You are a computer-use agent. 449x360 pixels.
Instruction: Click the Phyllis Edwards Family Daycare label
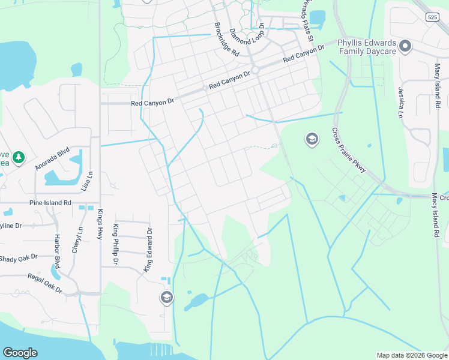click(x=366, y=47)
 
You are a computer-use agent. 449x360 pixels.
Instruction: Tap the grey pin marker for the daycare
click(x=405, y=46)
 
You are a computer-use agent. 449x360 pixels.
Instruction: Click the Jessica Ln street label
click(x=400, y=102)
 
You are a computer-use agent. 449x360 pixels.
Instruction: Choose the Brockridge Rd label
click(x=227, y=40)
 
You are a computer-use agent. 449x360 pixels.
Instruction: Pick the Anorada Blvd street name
click(x=53, y=158)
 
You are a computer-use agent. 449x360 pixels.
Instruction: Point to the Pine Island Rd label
click(x=50, y=203)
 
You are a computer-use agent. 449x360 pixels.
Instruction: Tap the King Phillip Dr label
click(x=116, y=244)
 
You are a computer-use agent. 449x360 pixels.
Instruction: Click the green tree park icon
click(x=19, y=157)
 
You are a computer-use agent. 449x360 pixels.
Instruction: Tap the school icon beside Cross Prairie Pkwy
click(x=312, y=140)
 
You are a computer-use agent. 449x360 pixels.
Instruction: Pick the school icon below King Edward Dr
click(x=166, y=297)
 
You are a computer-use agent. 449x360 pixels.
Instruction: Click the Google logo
click(x=20, y=353)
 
